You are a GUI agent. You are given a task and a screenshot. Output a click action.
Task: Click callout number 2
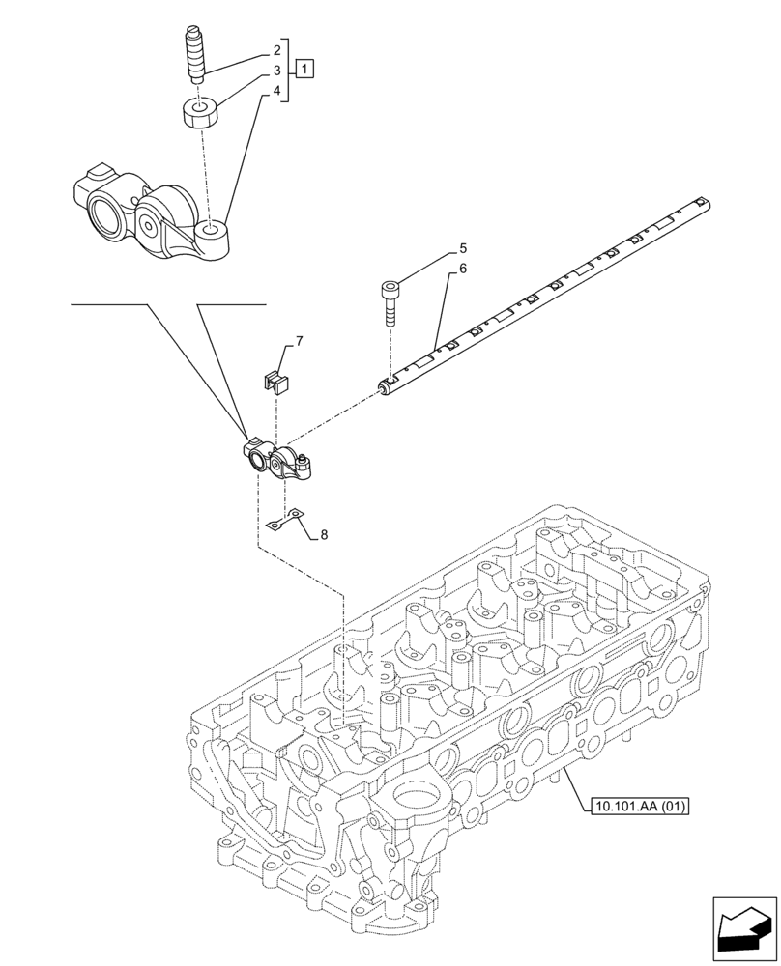coord(276,49)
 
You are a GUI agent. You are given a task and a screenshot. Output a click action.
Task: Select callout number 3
coord(276,71)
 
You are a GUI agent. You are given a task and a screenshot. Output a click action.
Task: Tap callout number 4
coord(276,92)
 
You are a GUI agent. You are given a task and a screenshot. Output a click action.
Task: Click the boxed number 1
coord(304,69)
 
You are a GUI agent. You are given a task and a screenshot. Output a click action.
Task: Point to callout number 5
coord(463,247)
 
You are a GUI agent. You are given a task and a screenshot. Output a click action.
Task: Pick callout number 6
coord(463,269)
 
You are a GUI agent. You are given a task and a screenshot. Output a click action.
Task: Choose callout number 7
coord(299,341)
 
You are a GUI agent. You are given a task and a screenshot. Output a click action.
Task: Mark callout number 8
coord(324,534)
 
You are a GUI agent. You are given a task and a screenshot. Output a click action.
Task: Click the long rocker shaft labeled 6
coord(541,299)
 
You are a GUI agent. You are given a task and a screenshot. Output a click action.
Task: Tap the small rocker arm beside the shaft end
coord(276,460)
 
